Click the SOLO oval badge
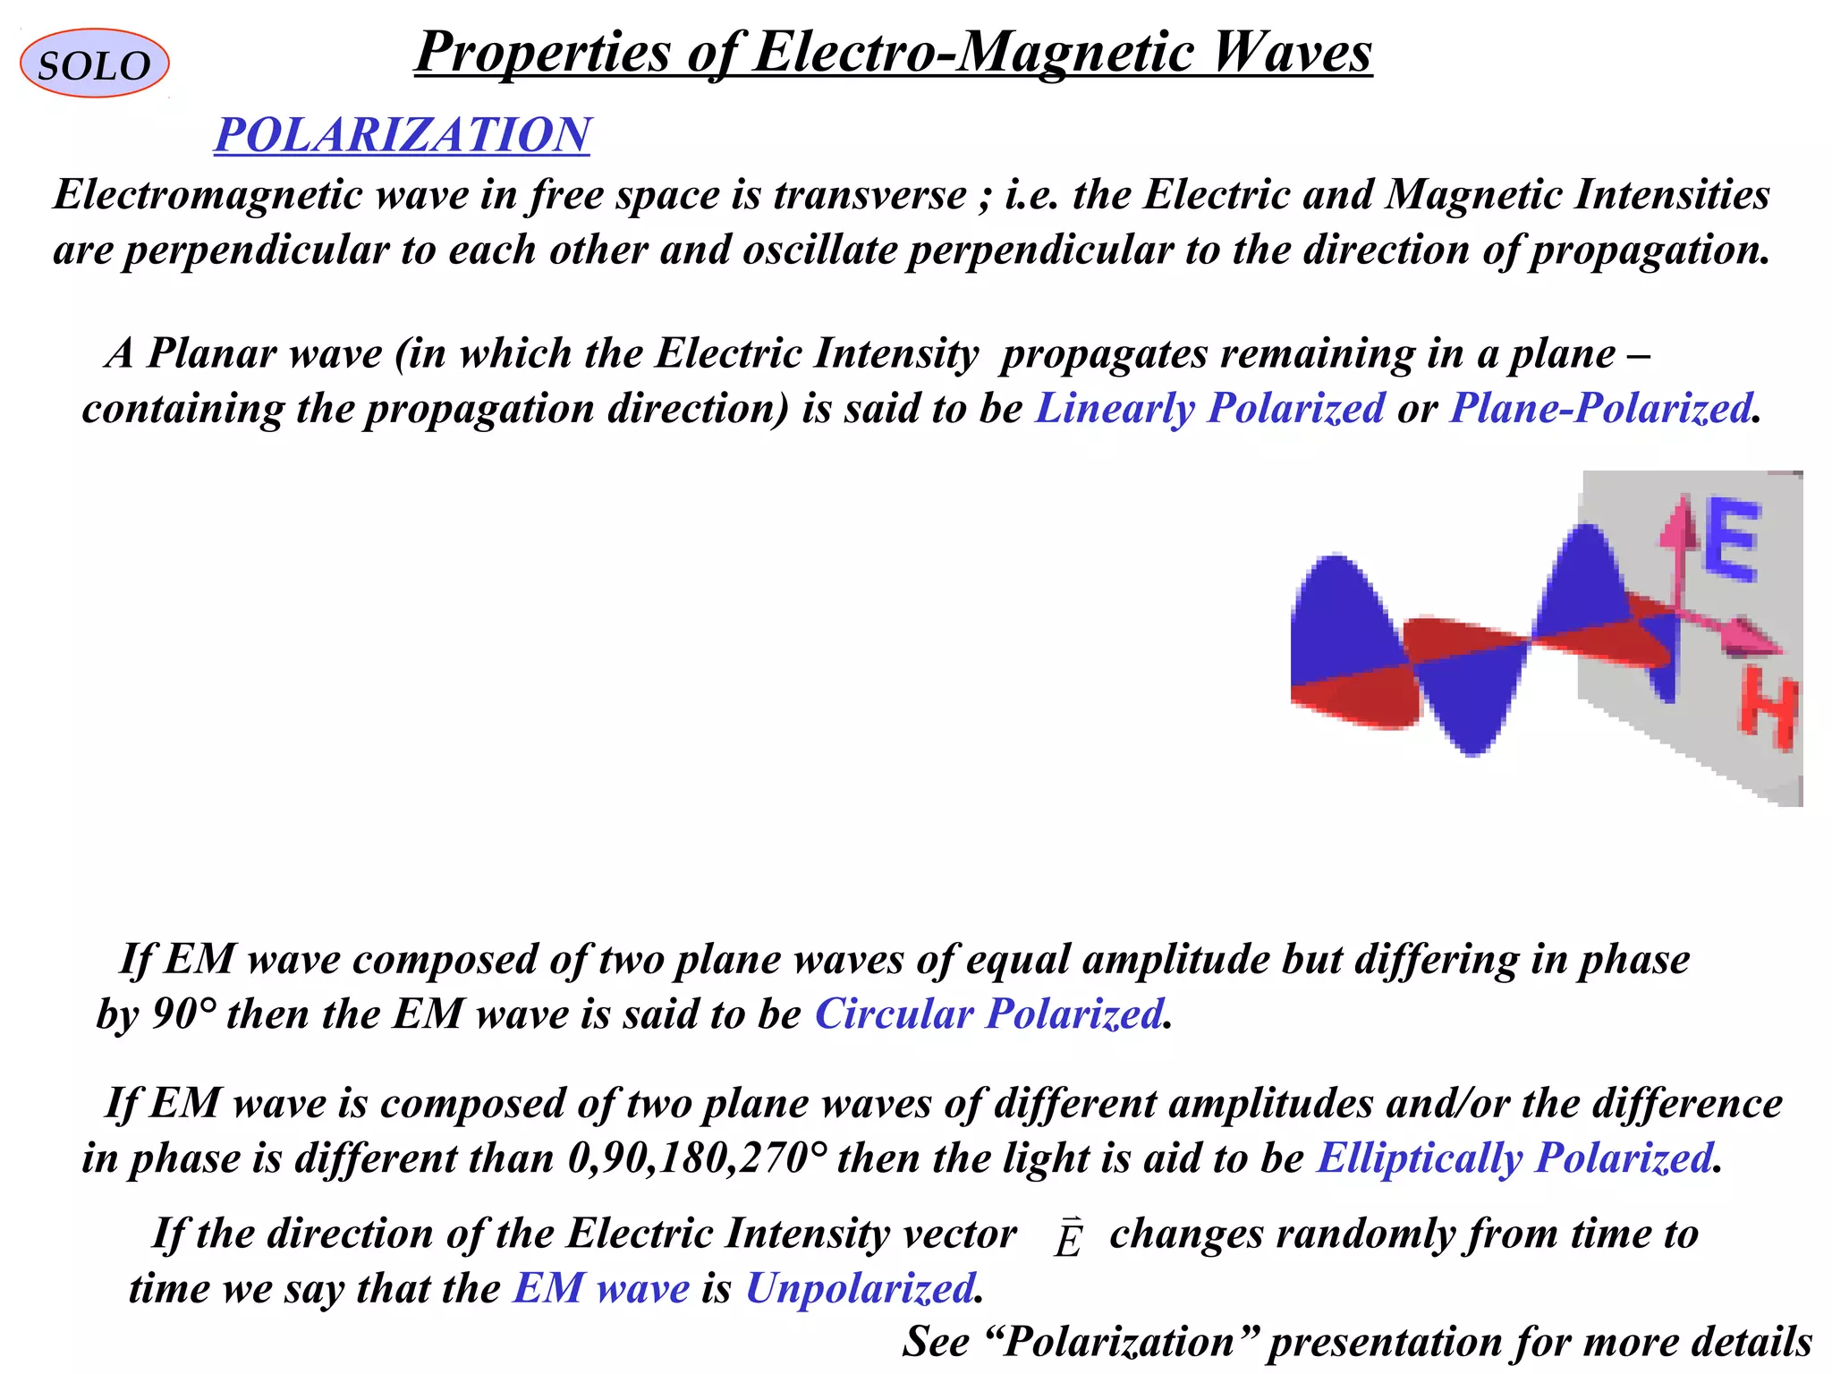click(x=94, y=64)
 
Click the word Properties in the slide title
click(x=542, y=52)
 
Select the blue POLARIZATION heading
click(x=402, y=135)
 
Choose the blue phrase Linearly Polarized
click(x=1209, y=409)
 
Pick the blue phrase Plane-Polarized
click(x=1600, y=409)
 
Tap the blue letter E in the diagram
click(x=1731, y=540)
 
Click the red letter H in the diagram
click(x=1768, y=712)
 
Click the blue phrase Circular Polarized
click(x=988, y=1014)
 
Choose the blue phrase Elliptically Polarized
click(x=1514, y=1158)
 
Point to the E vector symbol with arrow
click(x=1067, y=1238)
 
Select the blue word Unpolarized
click(x=860, y=1289)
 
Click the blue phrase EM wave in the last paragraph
click(x=601, y=1289)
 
